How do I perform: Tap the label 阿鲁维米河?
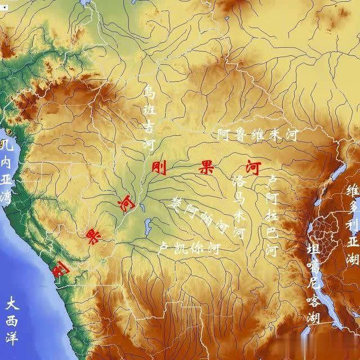click(x=258, y=135)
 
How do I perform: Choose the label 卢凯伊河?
click(x=188, y=248)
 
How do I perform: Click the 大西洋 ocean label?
click(x=13, y=322)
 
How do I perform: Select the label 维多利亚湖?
click(x=353, y=225)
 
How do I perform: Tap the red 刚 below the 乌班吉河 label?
click(x=159, y=167)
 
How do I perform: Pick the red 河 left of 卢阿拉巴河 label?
click(x=253, y=167)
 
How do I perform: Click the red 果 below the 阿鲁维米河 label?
click(x=205, y=167)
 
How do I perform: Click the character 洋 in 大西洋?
click(x=13, y=339)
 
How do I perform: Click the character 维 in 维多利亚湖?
click(x=353, y=190)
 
